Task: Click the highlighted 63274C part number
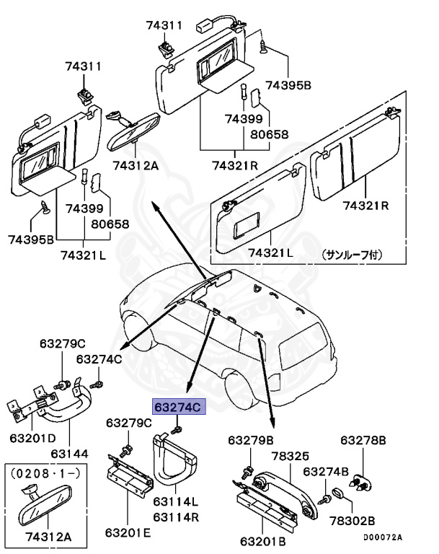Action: coord(178,408)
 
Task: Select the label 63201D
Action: coord(32,439)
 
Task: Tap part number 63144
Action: coord(70,454)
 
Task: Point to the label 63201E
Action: coord(128,533)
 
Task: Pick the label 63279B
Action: coord(251,440)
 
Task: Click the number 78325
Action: coord(290,456)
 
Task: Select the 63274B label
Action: coord(327,472)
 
